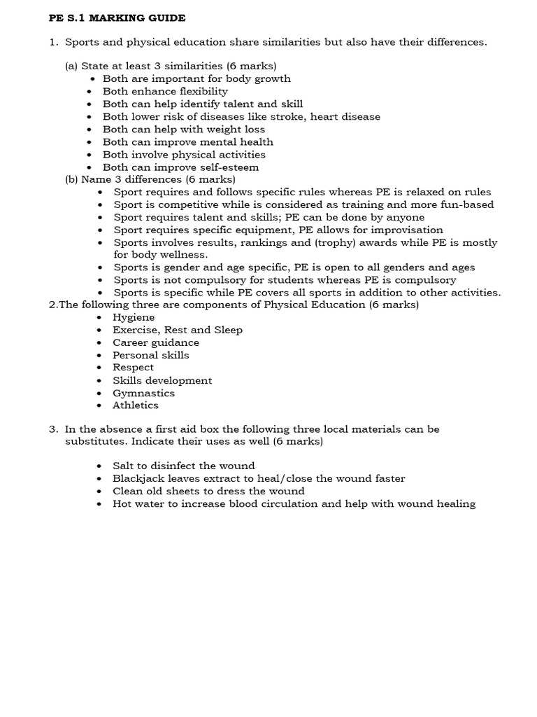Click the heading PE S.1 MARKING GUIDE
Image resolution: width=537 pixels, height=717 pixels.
[117, 18]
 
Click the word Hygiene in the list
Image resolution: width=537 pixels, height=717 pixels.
[134, 317]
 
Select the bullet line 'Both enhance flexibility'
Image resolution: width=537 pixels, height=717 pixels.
[165, 91]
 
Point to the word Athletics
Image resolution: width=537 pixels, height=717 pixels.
[136, 405]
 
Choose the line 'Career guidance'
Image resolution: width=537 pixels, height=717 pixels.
[155, 342]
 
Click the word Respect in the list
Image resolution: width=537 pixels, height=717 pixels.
[134, 368]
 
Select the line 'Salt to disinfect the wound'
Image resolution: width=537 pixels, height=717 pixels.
[183, 466]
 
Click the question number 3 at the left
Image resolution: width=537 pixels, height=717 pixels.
[52, 429]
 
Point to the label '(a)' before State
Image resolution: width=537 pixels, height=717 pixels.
[71, 66]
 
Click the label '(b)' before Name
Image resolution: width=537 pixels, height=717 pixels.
[71, 179]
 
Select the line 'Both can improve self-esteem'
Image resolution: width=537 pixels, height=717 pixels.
[180, 167]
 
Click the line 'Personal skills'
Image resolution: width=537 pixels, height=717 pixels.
[150, 355]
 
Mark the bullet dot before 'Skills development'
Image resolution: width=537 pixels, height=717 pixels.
[99, 381]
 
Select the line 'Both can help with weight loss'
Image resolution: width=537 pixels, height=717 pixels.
[183, 129]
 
